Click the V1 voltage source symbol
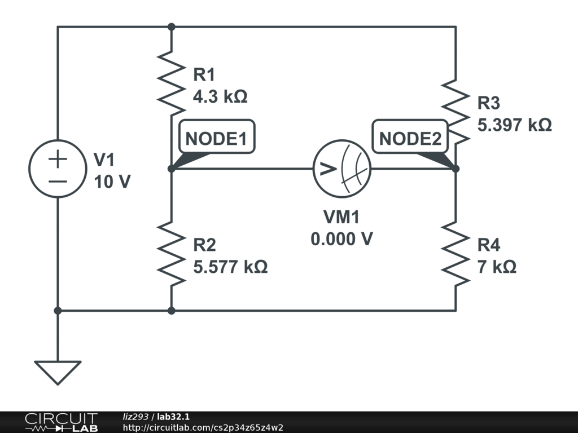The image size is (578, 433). [58, 169]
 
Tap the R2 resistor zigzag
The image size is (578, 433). [171, 253]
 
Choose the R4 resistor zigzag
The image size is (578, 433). [456, 253]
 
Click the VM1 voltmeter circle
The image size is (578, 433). [341, 169]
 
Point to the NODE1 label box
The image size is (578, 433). [216, 138]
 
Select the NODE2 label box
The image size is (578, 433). [410, 138]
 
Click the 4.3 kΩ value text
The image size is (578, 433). [220, 97]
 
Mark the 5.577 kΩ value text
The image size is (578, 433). [230, 267]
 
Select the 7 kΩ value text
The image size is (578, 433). [497, 267]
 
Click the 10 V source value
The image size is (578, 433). [112, 182]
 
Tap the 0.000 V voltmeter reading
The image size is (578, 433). [341, 239]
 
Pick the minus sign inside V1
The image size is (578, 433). [58, 182]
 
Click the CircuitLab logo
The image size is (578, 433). [60, 422]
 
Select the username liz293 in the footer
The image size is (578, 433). [135, 417]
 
